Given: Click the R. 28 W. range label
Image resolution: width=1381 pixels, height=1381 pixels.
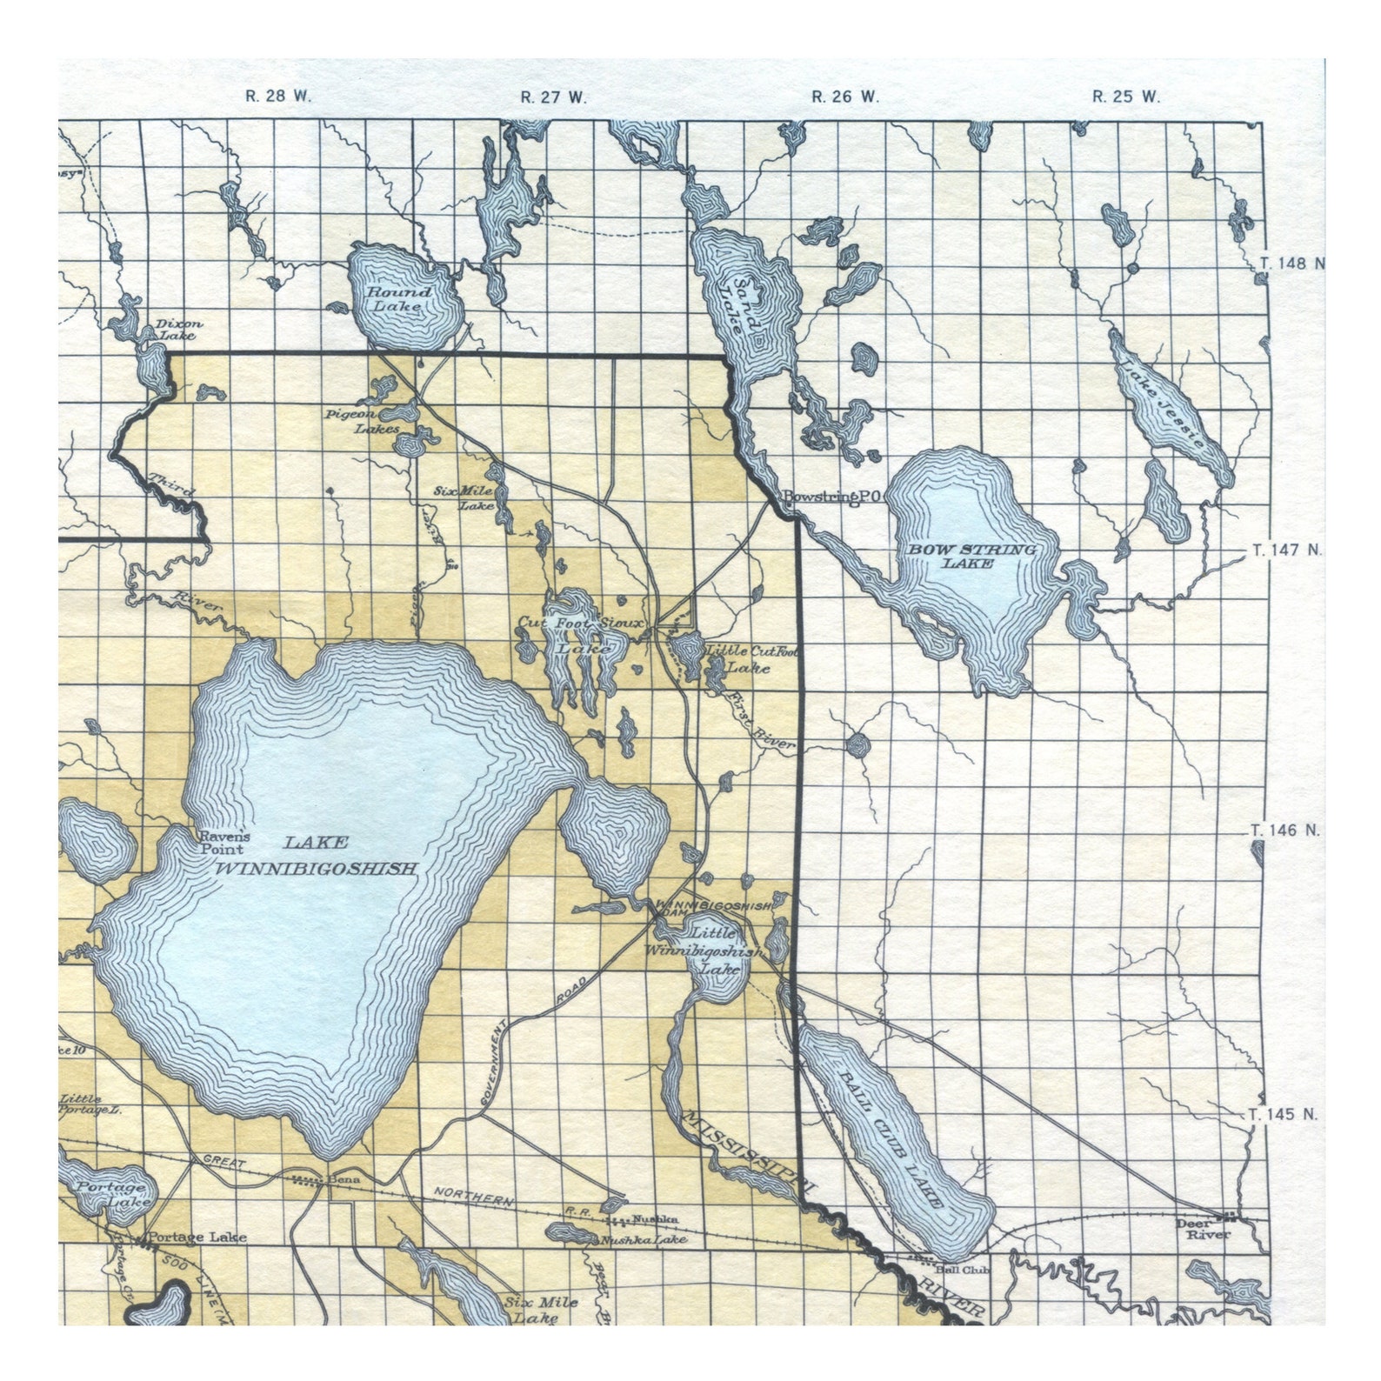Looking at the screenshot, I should tap(277, 97).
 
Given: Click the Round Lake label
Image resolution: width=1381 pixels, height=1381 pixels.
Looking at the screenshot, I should tap(398, 298).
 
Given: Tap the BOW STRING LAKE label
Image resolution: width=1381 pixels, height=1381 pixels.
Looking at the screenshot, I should tap(971, 556).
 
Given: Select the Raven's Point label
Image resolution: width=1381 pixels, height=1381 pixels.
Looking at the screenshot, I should tap(224, 842).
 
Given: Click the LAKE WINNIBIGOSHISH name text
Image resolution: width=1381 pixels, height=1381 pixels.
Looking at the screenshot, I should tap(317, 855).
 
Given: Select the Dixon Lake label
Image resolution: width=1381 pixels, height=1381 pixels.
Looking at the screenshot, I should tap(179, 329).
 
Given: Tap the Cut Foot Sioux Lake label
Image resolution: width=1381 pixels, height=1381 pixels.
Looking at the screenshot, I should tap(581, 635).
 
